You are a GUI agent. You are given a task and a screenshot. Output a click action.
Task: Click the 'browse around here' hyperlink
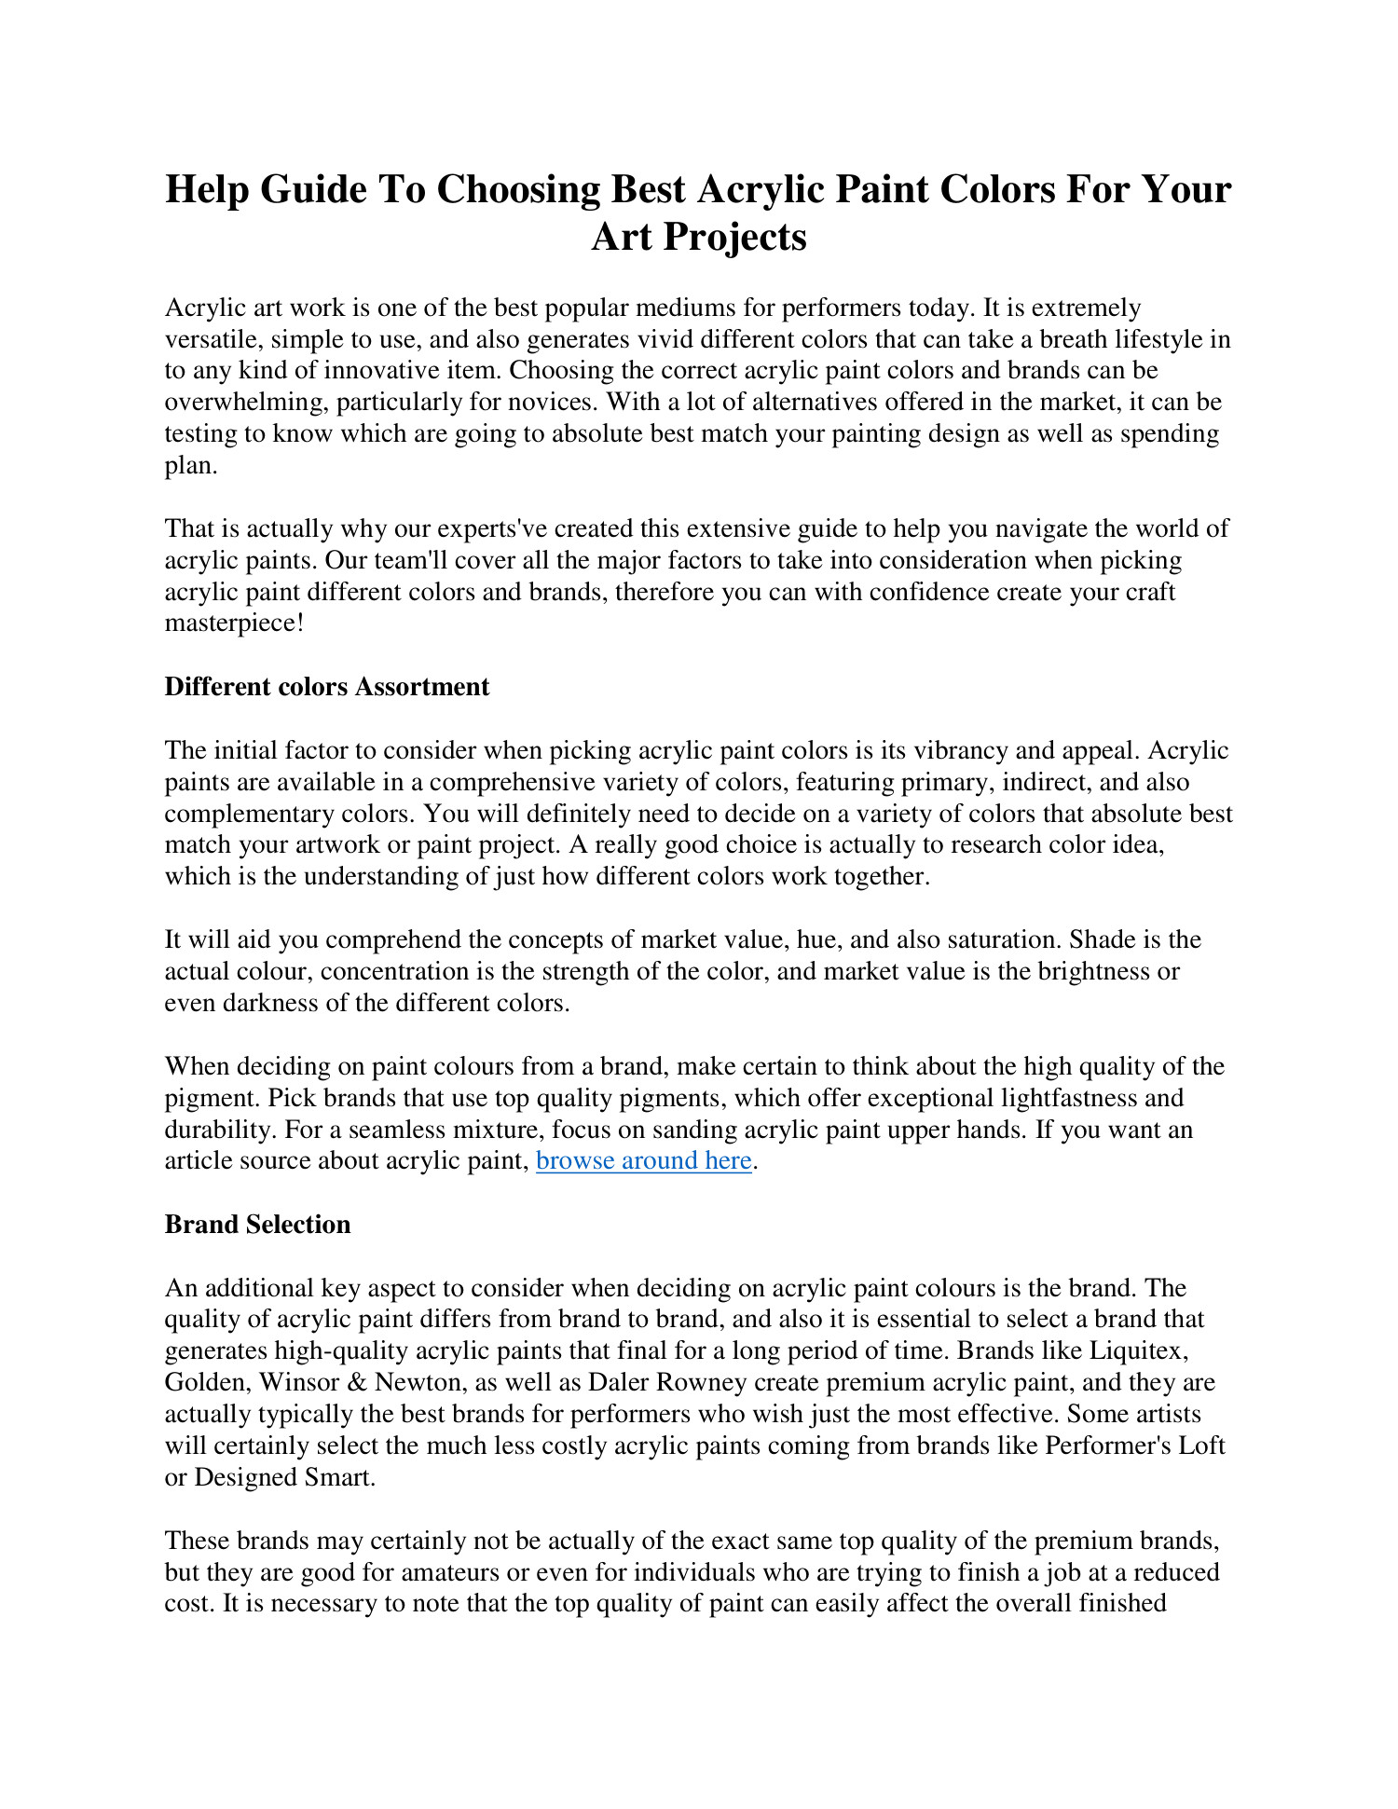point(644,1160)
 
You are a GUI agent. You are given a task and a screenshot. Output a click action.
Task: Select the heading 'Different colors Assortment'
point(326,687)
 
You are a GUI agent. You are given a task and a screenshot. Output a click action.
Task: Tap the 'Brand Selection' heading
point(257,1225)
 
